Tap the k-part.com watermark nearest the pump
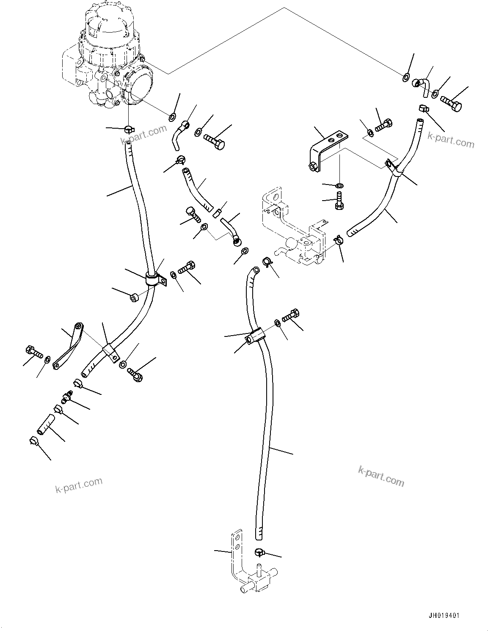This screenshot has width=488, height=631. [143, 135]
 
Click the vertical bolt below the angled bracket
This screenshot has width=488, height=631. [339, 201]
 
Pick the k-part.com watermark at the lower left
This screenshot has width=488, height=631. [79, 485]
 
